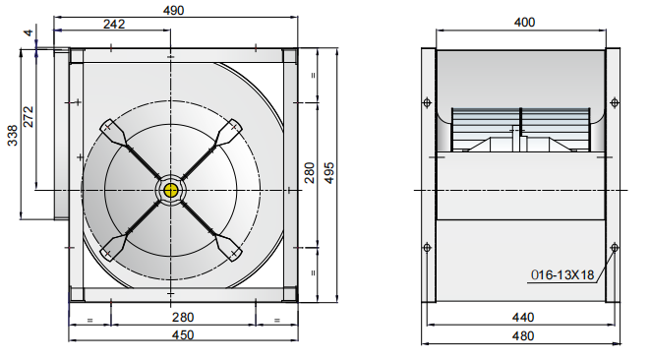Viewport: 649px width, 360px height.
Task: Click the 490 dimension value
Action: [x=173, y=11]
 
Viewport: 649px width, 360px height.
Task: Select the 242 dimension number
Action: [x=114, y=24]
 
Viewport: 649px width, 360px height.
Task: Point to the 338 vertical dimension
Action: [x=13, y=136]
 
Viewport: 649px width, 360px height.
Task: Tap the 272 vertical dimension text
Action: [x=28, y=117]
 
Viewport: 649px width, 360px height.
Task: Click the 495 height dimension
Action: [x=329, y=172]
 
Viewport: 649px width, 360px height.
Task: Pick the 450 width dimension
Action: [x=183, y=334]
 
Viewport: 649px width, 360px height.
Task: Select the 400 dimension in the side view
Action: [x=524, y=22]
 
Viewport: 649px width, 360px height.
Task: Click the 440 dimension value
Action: [x=523, y=318]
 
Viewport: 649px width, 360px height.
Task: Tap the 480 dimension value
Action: [x=523, y=335]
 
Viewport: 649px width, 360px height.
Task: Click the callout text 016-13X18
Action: [x=562, y=274]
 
